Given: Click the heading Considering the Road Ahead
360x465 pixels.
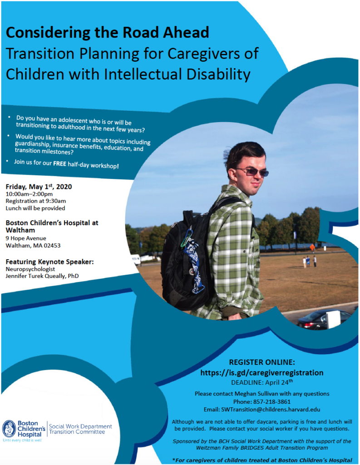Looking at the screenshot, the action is (107, 32).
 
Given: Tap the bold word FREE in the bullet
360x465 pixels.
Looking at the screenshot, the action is (59, 163).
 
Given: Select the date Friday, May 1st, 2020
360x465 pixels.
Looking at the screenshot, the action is (39, 187).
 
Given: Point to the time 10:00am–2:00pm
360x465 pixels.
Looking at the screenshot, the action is (29, 194).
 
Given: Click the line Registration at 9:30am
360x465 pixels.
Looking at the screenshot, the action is (36, 201).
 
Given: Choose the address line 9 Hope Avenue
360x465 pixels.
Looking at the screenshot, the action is (26, 238).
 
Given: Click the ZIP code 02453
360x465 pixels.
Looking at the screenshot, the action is (52, 246).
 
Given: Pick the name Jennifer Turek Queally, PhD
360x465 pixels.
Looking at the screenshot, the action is (42, 276).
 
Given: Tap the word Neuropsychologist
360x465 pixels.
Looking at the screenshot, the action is (30, 269).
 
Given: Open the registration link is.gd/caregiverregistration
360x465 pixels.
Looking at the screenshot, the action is (262, 372).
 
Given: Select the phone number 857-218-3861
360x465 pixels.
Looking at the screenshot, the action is (272, 402).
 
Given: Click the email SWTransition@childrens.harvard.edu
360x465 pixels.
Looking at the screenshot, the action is (271, 410).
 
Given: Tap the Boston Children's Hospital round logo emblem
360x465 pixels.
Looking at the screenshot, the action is (9, 429).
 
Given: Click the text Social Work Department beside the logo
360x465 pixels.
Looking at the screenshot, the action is (80, 426).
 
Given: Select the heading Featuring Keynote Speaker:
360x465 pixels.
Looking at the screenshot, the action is (49, 262).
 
